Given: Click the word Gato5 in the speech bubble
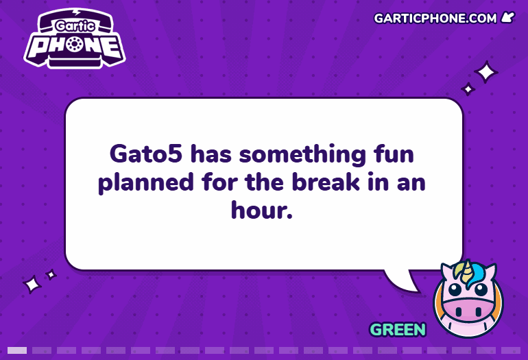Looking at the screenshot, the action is click(x=146, y=154).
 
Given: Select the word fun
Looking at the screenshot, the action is click(x=394, y=154).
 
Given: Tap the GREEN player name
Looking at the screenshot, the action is click(x=398, y=329).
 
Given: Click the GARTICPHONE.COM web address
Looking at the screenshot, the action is click(x=435, y=19).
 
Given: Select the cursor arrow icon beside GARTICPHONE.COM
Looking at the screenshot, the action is click(x=508, y=17).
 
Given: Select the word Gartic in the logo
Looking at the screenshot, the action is click(x=75, y=25).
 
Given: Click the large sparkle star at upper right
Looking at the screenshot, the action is click(x=485, y=72).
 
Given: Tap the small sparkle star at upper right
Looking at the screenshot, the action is click(x=468, y=89).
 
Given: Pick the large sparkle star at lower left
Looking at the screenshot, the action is click(x=32, y=285).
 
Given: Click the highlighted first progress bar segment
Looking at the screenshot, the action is click(x=17, y=350).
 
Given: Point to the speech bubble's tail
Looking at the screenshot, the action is click(x=403, y=281).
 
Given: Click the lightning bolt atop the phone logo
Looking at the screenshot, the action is click(x=77, y=12).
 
